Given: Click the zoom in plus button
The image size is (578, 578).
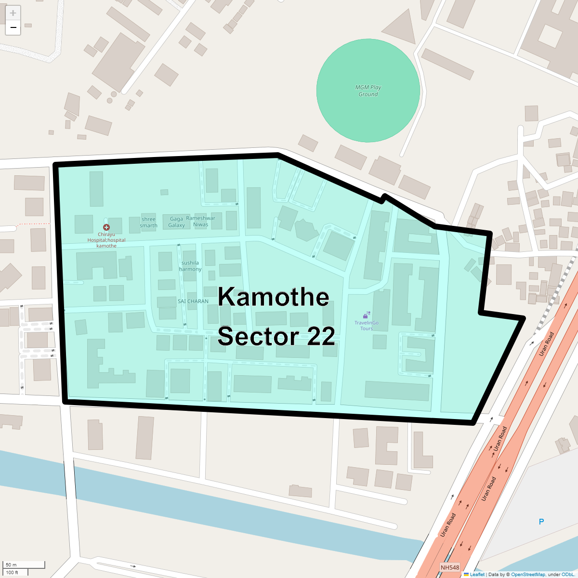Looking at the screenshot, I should click(13, 13).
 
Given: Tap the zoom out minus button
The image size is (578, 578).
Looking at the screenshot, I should click(13, 28).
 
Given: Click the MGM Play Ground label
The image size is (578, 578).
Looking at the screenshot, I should click(368, 91).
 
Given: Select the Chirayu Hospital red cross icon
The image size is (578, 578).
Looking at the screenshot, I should click(106, 227).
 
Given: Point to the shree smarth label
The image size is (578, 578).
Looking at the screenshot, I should click(148, 223).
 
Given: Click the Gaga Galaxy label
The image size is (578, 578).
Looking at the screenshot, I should click(177, 222).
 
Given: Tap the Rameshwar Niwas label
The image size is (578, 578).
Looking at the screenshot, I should click(201, 221).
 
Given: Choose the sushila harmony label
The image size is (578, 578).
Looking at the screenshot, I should click(190, 266).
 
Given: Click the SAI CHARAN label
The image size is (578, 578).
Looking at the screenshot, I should click(193, 301).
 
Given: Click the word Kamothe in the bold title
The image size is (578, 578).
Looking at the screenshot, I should click(274, 297).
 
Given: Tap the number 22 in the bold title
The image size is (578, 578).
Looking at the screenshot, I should click(321, 336).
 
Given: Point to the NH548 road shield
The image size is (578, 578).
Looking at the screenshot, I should click(450, 568).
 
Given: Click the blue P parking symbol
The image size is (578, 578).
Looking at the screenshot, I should click(541, 522).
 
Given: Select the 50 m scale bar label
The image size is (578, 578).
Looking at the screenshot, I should click(11, 565).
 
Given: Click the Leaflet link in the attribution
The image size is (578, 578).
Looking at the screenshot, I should click(477, 575).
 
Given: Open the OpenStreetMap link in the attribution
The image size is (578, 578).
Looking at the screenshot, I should click(528, 575).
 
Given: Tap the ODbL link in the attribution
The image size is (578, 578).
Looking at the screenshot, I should click(567, 575).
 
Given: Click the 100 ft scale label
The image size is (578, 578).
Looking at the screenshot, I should click(12, 572).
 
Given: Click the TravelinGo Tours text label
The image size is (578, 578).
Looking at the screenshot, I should click(367, 326).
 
